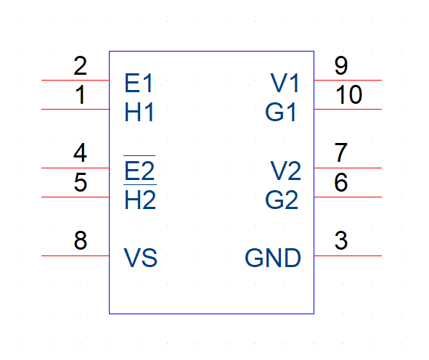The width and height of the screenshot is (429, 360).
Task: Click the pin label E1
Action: (139, 83)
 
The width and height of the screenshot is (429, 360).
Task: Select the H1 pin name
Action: (139, 112)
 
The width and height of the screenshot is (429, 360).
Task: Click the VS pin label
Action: (141, 258)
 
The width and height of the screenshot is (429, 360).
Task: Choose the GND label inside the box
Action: (273, 258)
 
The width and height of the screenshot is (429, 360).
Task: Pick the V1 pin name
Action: (285, 83)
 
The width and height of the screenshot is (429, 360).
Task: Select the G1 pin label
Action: (281, 112)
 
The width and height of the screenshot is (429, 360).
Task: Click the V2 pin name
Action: (285, 171)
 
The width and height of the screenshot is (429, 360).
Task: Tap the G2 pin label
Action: (282, 200)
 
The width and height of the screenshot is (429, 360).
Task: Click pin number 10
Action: (349, 94)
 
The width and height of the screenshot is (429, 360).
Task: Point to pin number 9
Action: (341, 65)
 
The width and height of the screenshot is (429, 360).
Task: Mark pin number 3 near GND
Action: (341, 240)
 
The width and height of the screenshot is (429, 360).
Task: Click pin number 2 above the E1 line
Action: (80, 65)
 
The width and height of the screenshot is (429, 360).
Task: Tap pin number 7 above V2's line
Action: (341, 152)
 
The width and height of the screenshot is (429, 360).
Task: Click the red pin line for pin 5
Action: (75, 197)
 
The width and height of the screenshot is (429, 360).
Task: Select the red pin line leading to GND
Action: (348, 255)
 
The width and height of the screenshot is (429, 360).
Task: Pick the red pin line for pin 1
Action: (75, 109)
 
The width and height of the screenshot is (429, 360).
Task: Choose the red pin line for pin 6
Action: (348, 197)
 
